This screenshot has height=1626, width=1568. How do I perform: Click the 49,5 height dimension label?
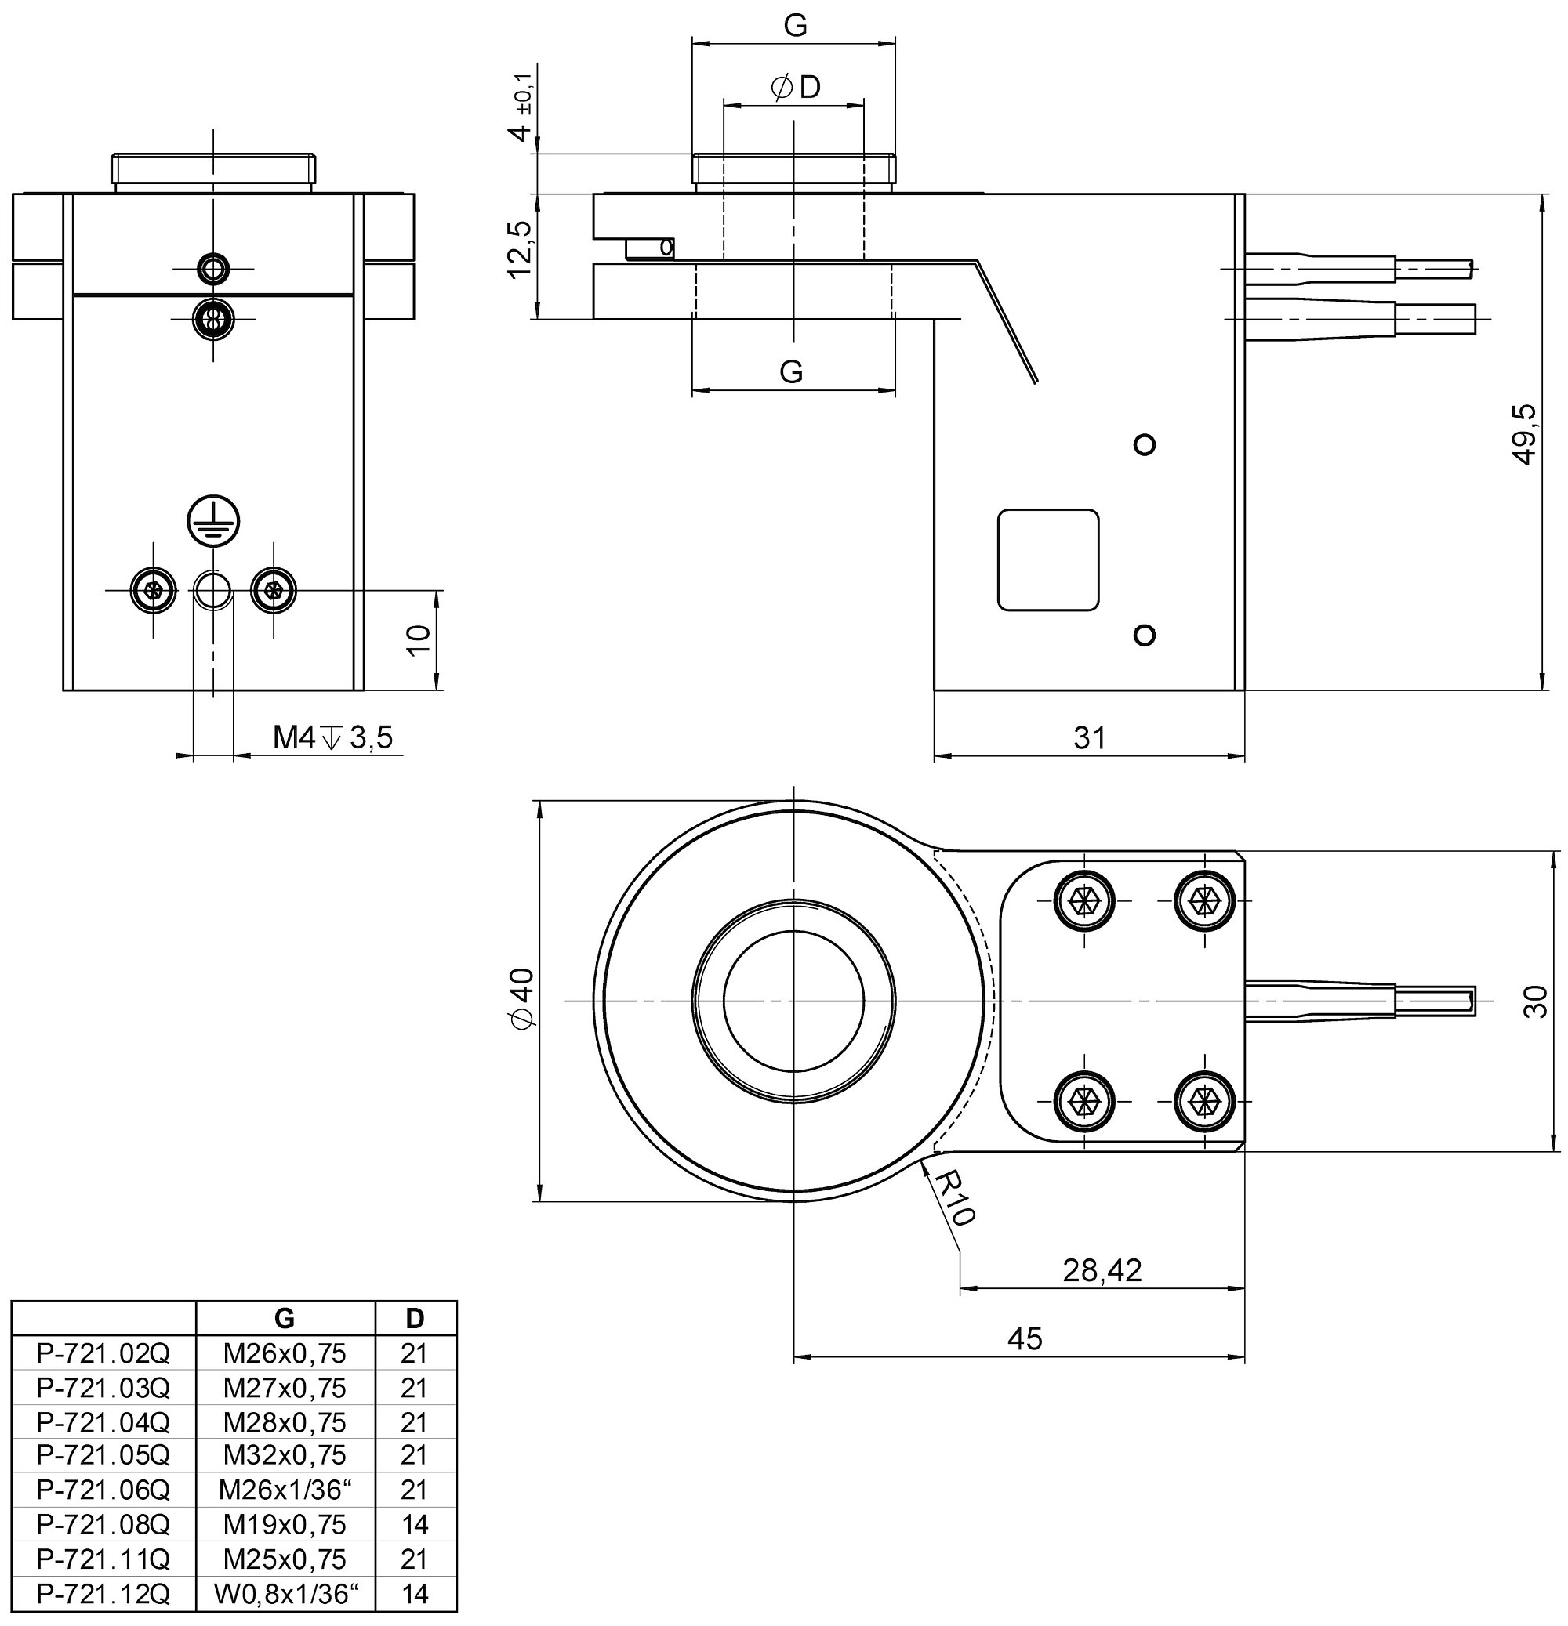coord(1525,435)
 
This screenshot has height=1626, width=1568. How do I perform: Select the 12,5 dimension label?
coord(520,249)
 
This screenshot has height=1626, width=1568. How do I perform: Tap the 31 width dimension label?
coord(1090,737)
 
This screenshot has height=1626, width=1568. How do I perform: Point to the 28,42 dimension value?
coord(1102,1270)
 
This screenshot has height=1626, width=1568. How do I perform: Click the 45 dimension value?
coord(1025,1338)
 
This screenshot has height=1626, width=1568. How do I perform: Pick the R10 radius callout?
coord(955,1198)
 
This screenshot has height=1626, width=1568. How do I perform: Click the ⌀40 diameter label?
coord(523,999)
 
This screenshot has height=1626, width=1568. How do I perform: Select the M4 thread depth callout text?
coord(333,737)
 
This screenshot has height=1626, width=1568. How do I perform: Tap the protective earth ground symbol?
coord(213,521)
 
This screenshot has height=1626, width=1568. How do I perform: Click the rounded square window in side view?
coord(1047,560)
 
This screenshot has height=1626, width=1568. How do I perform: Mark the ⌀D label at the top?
coord(795,86)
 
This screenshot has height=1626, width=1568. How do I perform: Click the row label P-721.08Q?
coord(103,1524)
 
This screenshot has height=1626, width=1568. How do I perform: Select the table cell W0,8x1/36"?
coord(285,1593)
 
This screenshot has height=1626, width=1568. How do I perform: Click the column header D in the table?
coord(415,1317)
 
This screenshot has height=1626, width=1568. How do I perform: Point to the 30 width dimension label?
coord(1536,1001)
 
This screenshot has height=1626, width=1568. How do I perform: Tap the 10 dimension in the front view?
coord(420,639)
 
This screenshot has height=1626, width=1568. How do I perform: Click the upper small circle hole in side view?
coord(1145,444)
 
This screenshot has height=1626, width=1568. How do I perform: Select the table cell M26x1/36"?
coord(285,1490)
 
